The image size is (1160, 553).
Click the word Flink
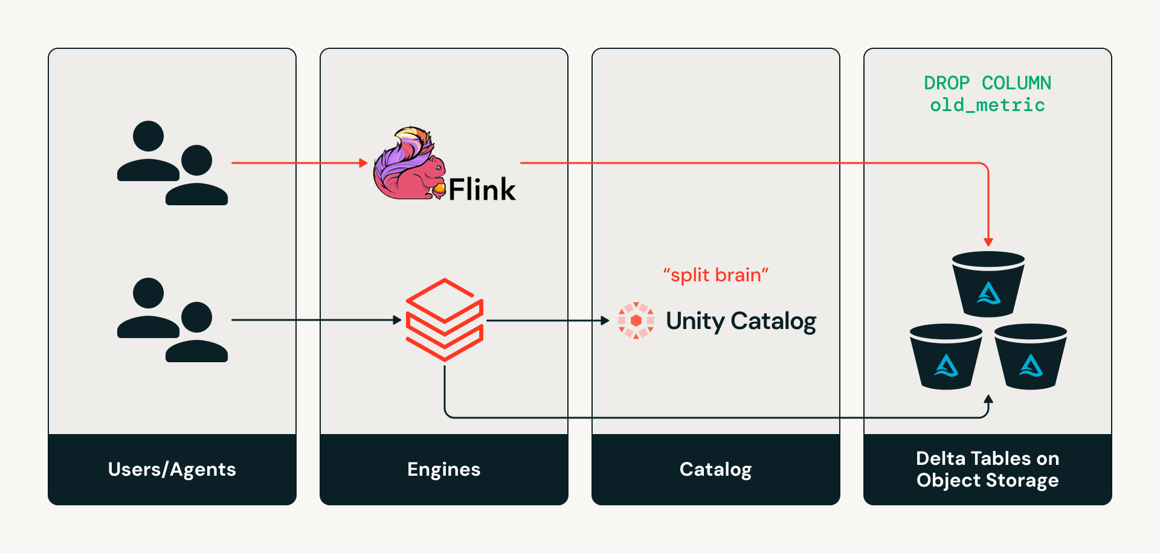(x=482, y=190)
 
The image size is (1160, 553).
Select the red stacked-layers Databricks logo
(x=445, y=319)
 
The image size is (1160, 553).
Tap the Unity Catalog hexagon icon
(x=636, y=321)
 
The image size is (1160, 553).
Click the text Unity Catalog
(x=741, y=321)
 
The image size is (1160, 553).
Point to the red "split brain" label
(x=715, y=275)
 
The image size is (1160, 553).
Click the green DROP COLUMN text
(x=988, y=83)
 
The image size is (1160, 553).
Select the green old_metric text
(x=988, y=105)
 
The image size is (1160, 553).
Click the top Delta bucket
(x=988, y=284)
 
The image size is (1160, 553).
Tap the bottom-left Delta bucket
(x=946, y=357)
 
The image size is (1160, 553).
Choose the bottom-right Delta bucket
(x=1031, y=357)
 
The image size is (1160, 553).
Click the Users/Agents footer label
(x=172, y=470)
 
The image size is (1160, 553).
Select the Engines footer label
(x=444, y=470)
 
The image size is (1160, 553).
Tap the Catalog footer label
(x=716, y=470)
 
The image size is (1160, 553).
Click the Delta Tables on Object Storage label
(x=988, y=469)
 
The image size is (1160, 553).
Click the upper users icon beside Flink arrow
(x=172, y=163)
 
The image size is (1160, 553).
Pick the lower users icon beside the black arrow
(x=172, y=320)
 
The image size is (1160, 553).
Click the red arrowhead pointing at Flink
(x=363, y=163)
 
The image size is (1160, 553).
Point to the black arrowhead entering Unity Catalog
(x=605, y=321)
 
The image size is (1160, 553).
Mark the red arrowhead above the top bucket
(x=988, y=242)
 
